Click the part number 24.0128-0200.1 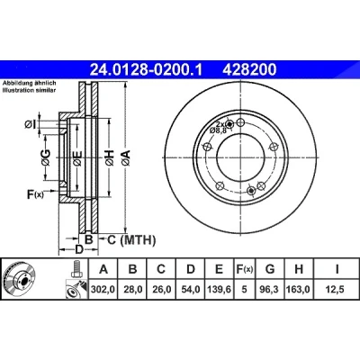147,70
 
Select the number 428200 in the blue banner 249,70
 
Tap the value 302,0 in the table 103,290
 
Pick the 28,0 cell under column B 132,290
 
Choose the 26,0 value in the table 161,290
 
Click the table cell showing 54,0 191,290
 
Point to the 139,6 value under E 220,290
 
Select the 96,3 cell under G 270,290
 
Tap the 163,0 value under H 299,290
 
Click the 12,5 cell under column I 337,290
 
